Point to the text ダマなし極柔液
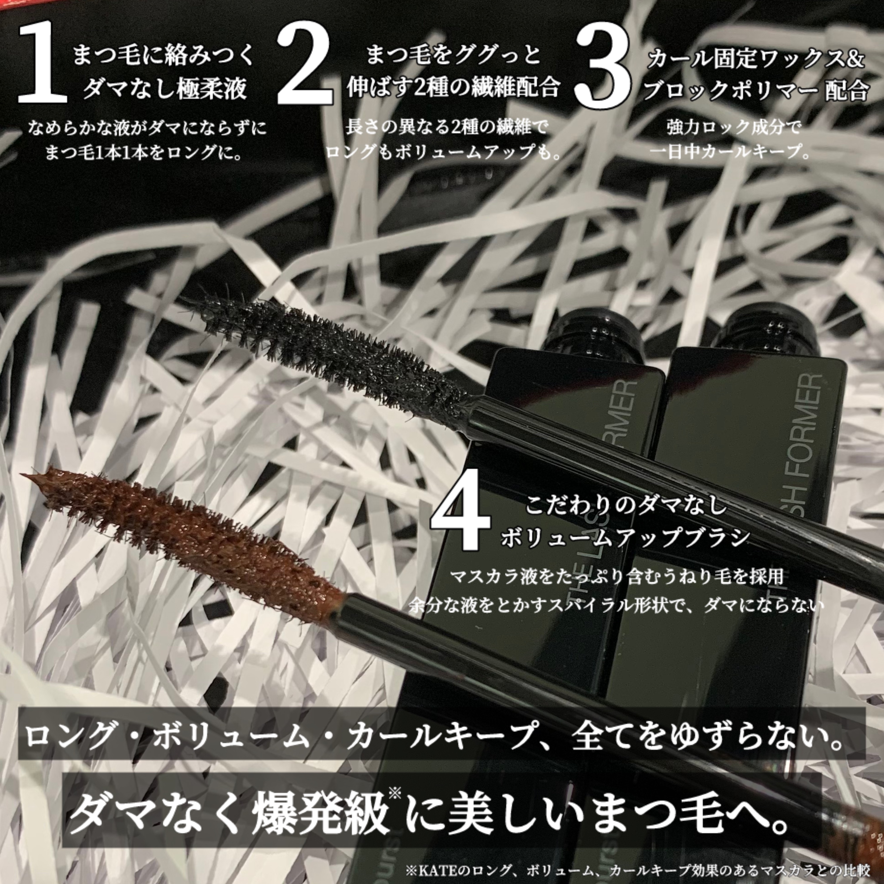point(165,88)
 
